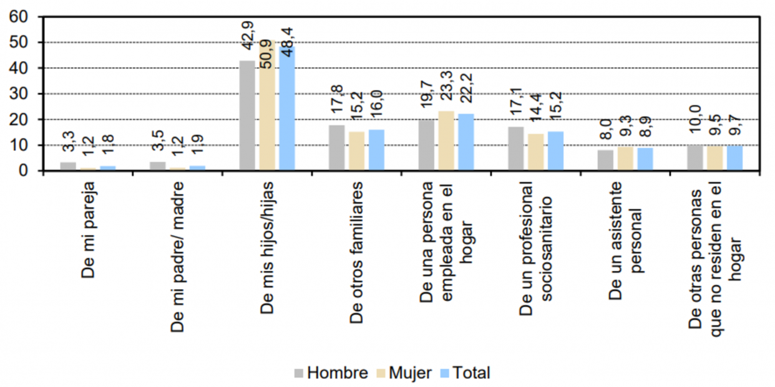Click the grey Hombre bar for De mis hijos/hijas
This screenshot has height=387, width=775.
(x=247, y=115)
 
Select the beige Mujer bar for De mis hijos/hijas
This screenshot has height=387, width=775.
(x=267, y=105)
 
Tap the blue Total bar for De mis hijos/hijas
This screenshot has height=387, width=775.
(x=287, y=108)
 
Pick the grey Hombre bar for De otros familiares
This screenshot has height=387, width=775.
(x=337, y=148)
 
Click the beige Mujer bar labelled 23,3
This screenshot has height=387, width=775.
(x=446, y=141)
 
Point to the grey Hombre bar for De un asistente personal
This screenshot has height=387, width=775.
(x=605, y=160)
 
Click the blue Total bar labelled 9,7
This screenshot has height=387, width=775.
(x=734, y=158)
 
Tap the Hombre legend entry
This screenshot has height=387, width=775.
(x=331, y=373)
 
